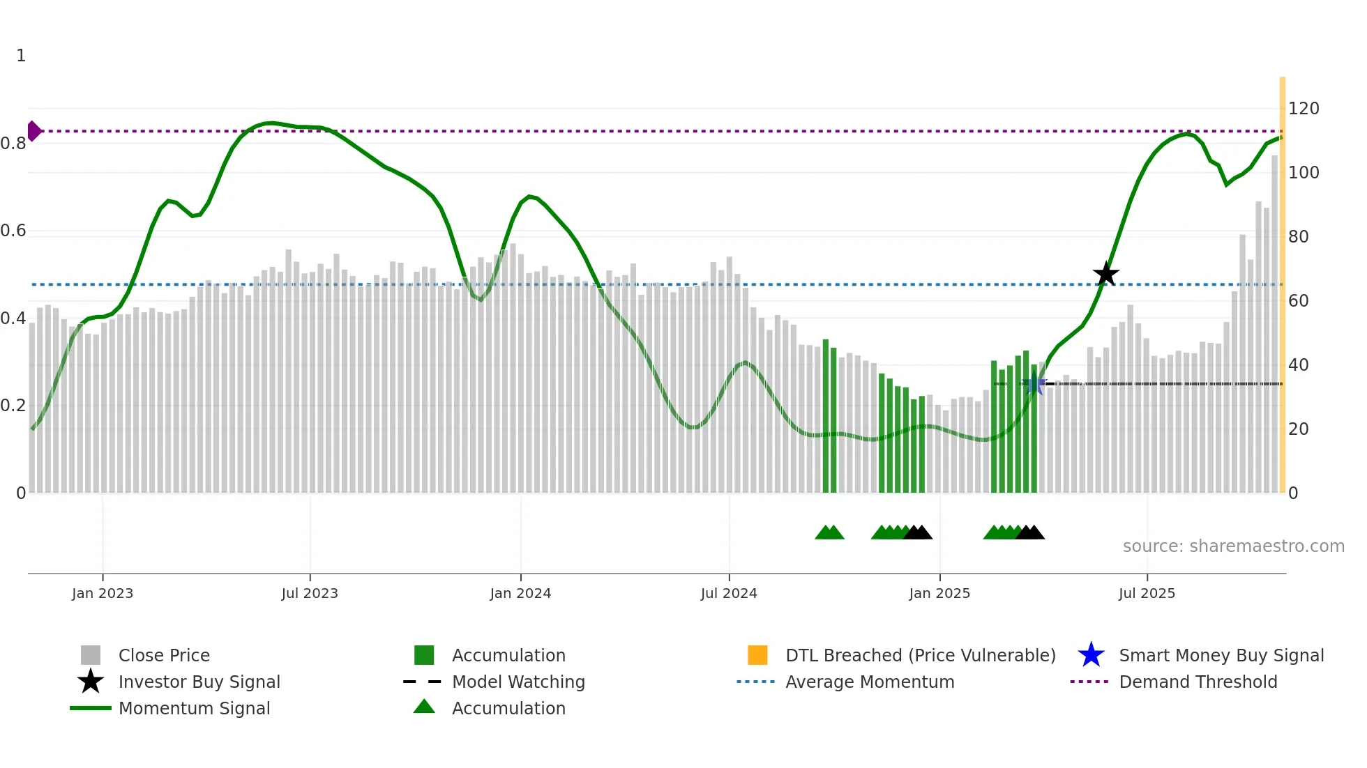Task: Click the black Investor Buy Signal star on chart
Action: (x=1105, y=275)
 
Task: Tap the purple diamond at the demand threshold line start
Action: (x=33, y=131)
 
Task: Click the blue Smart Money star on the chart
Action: (x=1036, y=384)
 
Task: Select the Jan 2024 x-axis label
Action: (x=520, y=593)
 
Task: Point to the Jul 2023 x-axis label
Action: (x=310, y=593)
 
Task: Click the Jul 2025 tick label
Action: (x=1147, y=593)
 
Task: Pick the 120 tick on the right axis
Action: (x=1304, y=109)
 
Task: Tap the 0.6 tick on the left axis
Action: (x=13, y=231)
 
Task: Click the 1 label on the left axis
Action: (x=21, y=56)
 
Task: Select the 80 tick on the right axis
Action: (x=1298, y=237)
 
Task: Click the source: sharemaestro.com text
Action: (x=1233, y=546)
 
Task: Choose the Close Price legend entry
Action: (x=163, y=655)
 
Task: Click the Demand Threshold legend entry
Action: (x=1198, y=682)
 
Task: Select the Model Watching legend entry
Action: (x=518, y=682)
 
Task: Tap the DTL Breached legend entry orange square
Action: (x=757, y=655)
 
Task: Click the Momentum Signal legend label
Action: (x=194, y=708)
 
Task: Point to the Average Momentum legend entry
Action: (x=869, y=682)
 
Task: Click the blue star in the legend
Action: (x=1091, y=655)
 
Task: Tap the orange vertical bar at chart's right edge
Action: (x=1282, y=279)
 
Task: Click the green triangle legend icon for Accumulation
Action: (x=424, y=707)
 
